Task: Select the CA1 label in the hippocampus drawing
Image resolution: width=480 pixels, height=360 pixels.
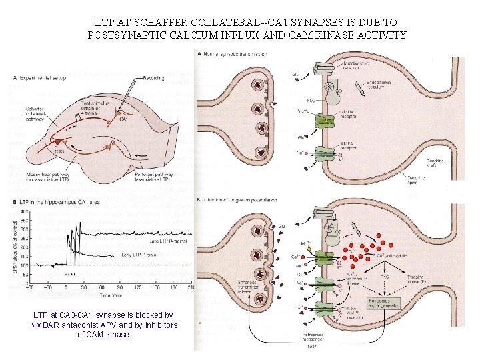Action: click(x=125, y=119)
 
